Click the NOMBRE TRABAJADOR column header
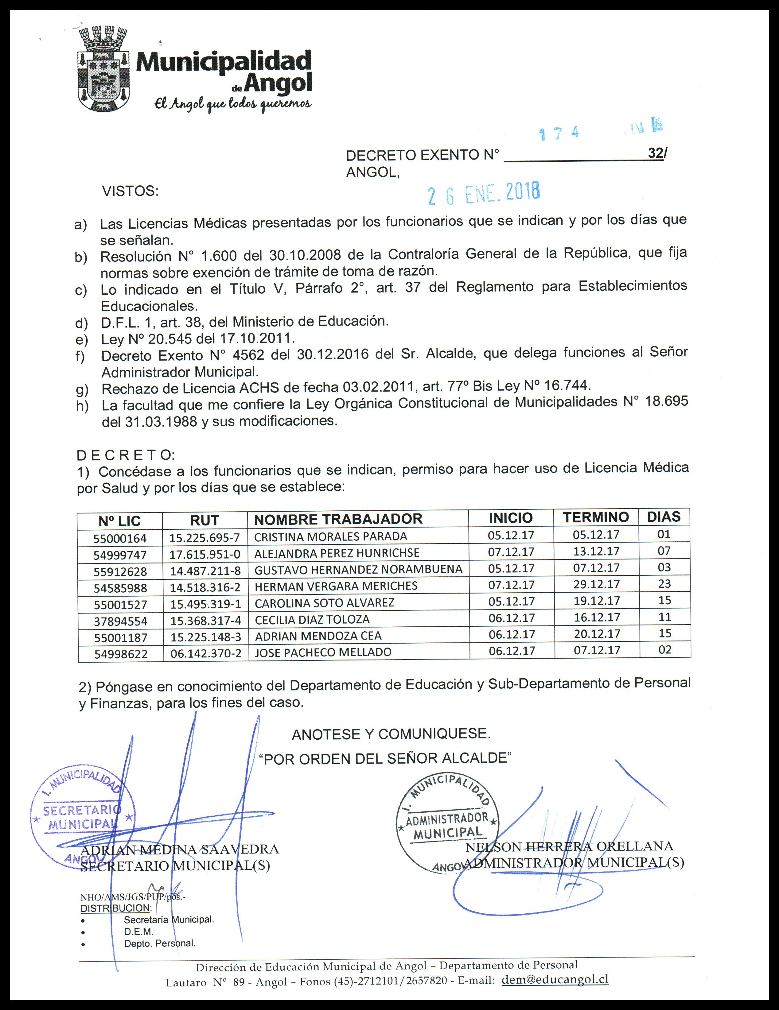(338, 519)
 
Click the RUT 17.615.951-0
(205, 554)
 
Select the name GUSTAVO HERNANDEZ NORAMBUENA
(358, 570)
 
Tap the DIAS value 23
(664, 584)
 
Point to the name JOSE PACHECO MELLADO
(323, 652)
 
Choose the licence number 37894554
(120, 621)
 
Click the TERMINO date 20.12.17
(597, 634)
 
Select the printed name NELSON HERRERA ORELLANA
(569, 846)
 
